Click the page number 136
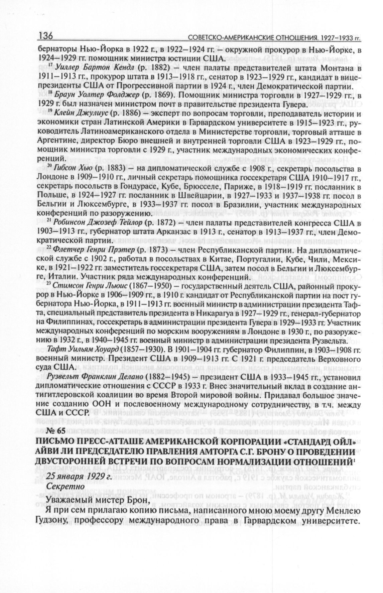tap(49, 36)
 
